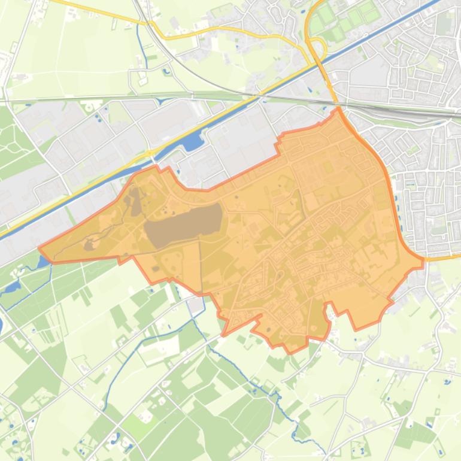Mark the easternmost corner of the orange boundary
click(x=423, y=260)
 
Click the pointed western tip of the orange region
click(x=40, y=247)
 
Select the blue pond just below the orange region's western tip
click(x=44, y=262)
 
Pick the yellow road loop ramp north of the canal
click(x=315, y=48)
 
